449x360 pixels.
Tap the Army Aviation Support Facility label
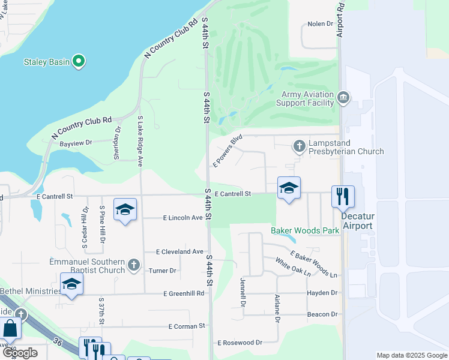[307, 98]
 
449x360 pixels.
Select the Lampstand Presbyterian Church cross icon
[299, 146]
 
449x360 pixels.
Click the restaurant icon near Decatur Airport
[343, 196]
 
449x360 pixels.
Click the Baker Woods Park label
[305, 230]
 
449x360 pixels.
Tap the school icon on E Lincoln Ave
[125, 209]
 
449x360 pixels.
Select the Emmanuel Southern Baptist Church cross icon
[134, 265]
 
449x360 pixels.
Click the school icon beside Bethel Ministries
[71, 284]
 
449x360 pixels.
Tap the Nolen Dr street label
[320, 24]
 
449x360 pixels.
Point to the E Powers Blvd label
[228, 150]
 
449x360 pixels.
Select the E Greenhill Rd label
[184, 293]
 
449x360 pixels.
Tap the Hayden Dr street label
[322, 293]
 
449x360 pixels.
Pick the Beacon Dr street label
[322, 314]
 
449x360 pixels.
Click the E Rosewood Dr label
[240, 343]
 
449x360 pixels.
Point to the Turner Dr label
[163, 271]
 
